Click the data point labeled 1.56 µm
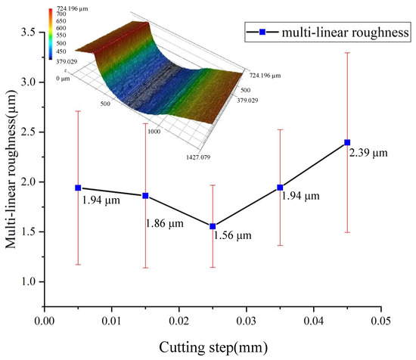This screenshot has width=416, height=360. point(213,226)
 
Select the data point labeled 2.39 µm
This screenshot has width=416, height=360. point(347,142)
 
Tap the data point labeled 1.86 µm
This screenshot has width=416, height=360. point(146,196)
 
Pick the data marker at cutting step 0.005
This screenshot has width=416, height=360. point(78,188)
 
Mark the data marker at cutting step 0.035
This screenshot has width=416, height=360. point(280,188)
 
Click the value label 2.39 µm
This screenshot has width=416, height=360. point(368,154)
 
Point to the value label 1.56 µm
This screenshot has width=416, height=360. point(234,237)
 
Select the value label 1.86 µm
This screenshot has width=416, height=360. point(166,224)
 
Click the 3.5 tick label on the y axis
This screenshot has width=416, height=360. point(28,33)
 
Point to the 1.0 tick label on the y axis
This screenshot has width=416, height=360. point(28,282)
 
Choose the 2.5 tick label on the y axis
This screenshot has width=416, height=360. point(28,132)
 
